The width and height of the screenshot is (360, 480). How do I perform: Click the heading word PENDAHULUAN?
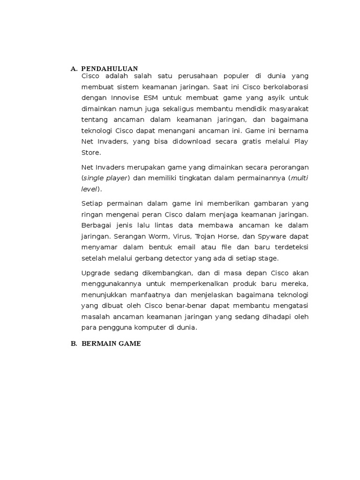click(109, 69)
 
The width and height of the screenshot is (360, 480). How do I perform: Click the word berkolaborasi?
click(282, 87)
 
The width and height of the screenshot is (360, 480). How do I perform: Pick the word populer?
click(234, 76)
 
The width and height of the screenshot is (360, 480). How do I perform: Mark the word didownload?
click(182, 142)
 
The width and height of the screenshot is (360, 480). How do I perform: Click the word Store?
click(90, 152)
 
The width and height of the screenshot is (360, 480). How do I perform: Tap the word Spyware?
click(264, 237)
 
